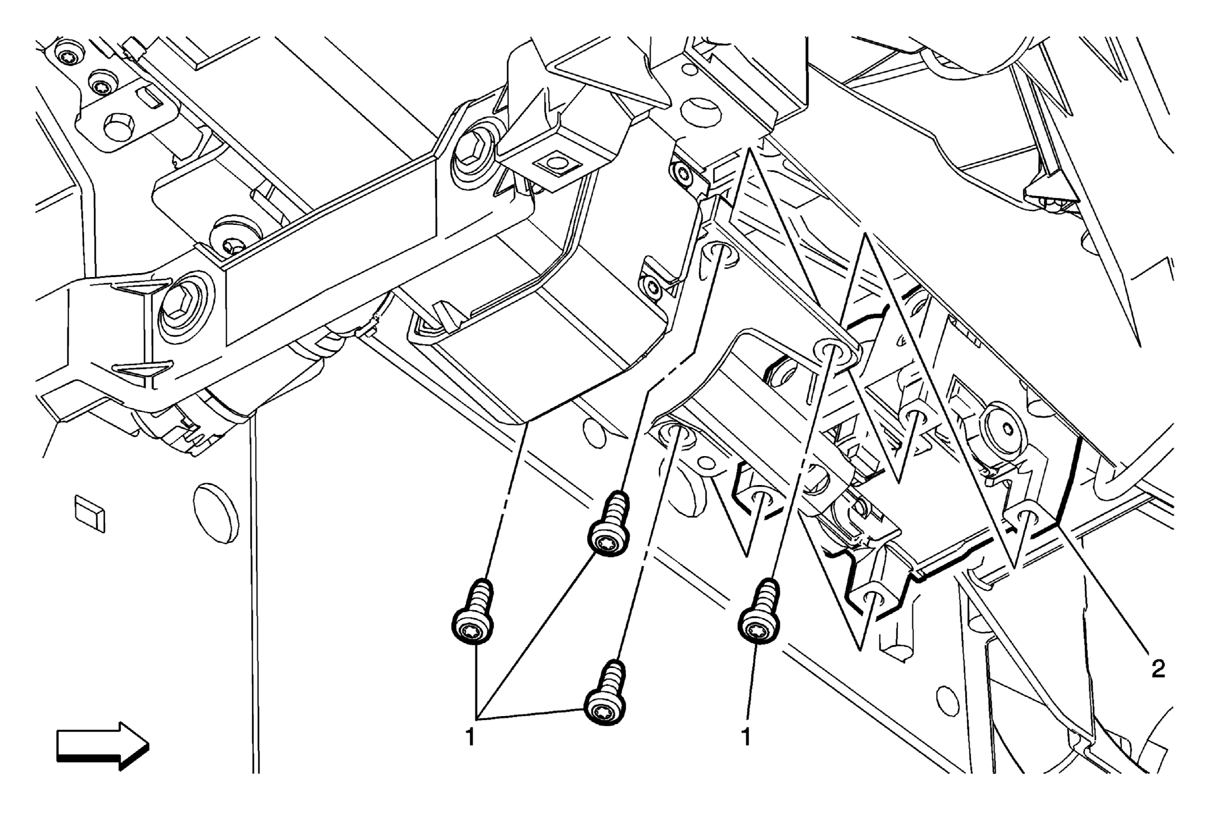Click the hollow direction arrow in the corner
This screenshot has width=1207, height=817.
pyautogui.click(x=103, y=746)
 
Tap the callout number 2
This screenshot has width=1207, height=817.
pyautogui.click(x=1158, y=670)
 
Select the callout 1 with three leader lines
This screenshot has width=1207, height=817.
pyautogui.click(x=470, y=737)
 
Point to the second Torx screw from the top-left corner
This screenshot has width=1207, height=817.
pyautogui.click(x=103, y=87)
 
